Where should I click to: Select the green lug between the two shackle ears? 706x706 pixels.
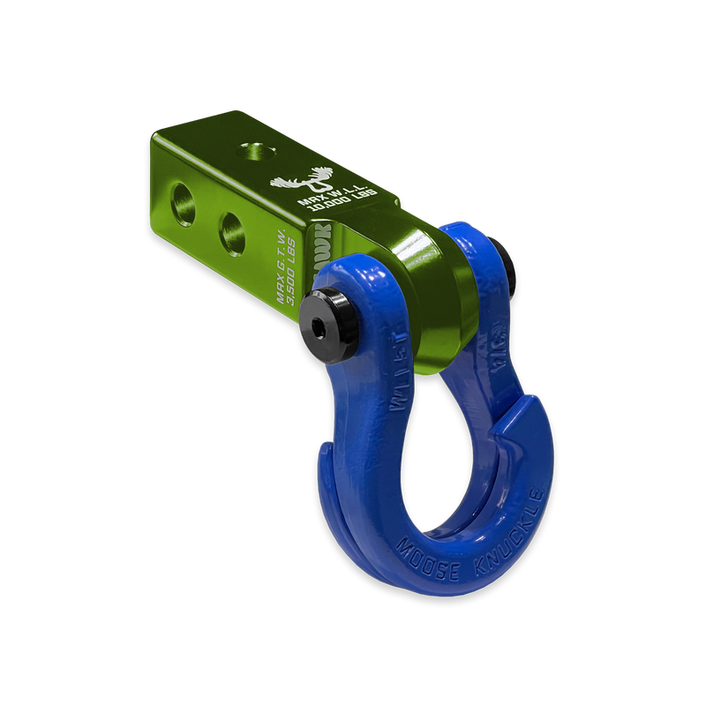pyautogui.click(x=424, y=291)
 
